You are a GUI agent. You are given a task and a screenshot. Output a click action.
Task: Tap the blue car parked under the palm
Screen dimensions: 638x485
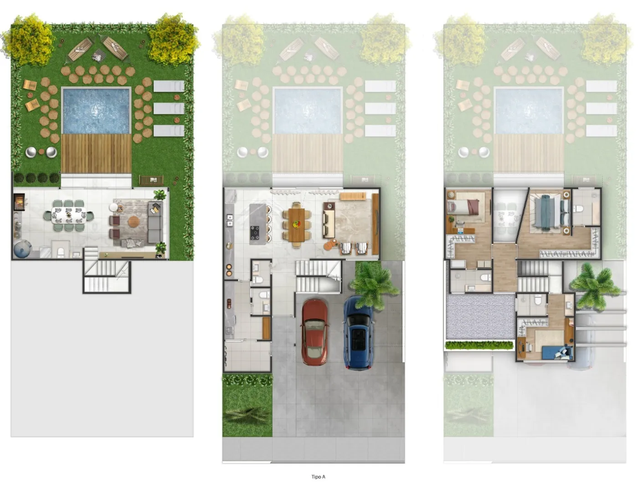pos(358,333)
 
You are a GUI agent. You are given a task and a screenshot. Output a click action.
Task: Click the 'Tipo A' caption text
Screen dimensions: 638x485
pos(318,477)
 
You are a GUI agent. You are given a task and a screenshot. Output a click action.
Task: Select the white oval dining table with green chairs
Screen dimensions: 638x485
pos(69,215)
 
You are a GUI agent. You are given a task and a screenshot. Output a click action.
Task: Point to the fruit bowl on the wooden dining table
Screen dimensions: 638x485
pos(297,224)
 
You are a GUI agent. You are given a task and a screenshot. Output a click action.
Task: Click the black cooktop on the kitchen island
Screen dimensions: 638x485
pos(255,232)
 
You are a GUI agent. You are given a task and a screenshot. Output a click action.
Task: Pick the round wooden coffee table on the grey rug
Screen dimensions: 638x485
pos(134,222)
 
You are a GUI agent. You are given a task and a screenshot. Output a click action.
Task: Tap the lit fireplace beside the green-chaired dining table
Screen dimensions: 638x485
pos(20,201)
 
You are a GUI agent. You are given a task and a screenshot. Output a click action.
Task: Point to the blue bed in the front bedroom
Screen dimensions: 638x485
pos(557,352)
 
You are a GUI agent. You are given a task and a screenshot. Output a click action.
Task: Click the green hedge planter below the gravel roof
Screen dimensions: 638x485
pos(479,345)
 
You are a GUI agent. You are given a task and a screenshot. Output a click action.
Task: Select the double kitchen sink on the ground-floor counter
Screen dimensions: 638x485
pos(230,220)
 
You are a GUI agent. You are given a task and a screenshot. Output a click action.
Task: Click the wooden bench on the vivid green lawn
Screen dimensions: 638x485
pos(151,180)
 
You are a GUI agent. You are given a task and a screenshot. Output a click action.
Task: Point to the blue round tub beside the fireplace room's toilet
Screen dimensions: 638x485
pos(22,249)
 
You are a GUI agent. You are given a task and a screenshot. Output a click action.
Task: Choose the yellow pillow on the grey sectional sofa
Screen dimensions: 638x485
pos(156,207)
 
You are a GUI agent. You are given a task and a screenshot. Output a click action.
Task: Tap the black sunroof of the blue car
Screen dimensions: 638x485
pos(358,339)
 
